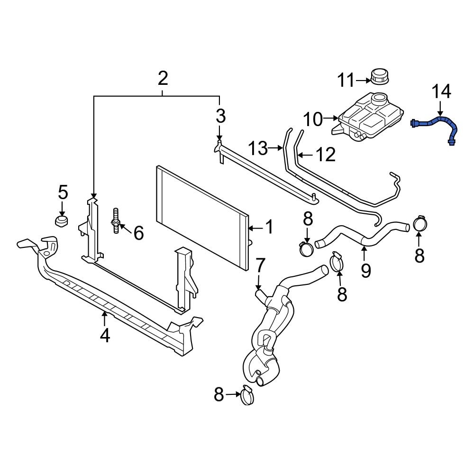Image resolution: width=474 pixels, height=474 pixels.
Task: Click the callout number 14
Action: click(x=441, y=91)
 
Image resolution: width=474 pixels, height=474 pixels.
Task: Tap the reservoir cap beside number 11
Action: click(x=380, y=76)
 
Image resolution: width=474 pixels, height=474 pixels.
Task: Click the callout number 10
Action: click(x=313, y=119)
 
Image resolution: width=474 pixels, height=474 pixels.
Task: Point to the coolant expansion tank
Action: click(x=370, y=116)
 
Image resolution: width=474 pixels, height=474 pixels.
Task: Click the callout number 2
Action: click(x=163, y=78)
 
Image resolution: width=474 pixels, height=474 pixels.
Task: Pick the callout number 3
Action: click(x=220, y=116)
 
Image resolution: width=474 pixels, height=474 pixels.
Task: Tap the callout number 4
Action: click(x=104, y=335)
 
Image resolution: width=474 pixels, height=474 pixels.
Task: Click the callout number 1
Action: click(x=268, y=228)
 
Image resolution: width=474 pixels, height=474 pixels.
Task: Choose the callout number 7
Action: click(x=260, y=267)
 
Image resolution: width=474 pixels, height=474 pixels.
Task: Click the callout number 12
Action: click(x=325, y=154)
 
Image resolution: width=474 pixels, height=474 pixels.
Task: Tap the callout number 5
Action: click(x=63, y=192)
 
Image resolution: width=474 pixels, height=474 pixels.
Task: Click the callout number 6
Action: click(x=138, y=233)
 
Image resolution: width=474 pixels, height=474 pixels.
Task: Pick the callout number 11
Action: click(x=346, y=80)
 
